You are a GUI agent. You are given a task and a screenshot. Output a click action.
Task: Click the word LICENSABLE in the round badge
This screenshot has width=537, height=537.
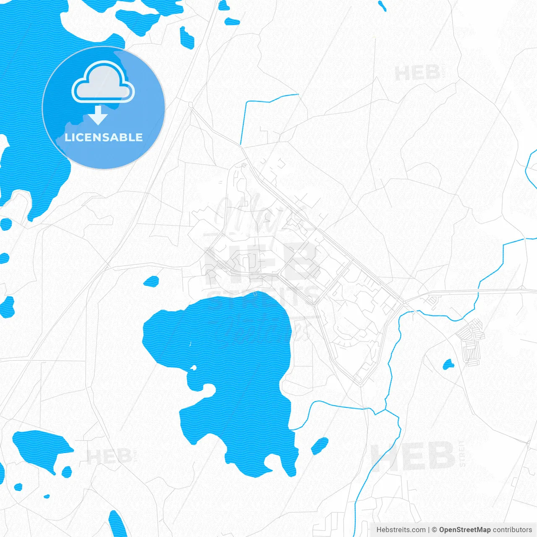tap(104, 137)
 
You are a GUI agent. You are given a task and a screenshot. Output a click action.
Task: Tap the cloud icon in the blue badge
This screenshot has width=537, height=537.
tap(103, 82)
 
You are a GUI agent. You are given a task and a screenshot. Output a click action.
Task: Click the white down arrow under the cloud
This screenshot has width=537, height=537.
tap(99, 116)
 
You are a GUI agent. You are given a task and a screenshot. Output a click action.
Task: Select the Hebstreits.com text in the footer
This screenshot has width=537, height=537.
tap(401, 530)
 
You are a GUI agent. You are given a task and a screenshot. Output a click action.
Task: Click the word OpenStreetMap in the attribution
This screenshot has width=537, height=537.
tap(464, 530)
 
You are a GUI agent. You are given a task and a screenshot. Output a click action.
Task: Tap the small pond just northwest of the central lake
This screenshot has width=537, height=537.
tap(151, 281)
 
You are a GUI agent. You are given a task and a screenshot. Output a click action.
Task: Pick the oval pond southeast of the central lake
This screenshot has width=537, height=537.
tap(320, 446)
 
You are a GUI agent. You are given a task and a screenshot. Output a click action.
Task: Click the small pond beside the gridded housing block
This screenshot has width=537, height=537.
tap(448, 364)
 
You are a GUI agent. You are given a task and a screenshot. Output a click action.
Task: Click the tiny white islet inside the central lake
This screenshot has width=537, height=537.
tap(193, 368)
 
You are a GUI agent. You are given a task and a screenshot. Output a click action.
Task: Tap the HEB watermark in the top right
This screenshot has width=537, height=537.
tap(417, 73)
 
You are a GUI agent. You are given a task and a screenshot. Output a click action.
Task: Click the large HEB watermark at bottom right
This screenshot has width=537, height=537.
tap(413, 456)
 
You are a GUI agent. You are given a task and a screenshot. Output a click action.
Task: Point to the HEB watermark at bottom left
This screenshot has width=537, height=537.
tap(109, 456)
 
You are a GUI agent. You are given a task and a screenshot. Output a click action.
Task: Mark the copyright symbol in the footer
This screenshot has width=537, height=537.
tap(434, 530)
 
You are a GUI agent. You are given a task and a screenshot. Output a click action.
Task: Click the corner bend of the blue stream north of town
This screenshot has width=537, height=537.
tap(245, 102)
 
